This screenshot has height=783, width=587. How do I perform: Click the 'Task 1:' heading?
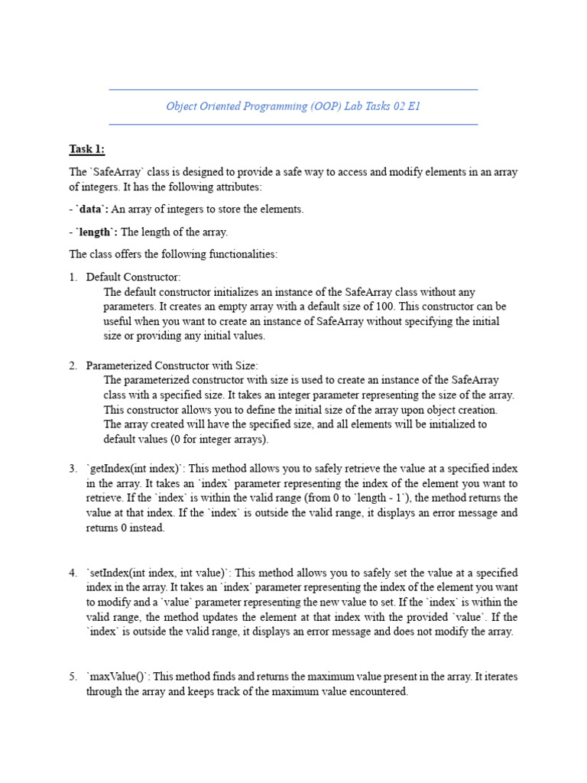pyautogui.click(x=86, y=149)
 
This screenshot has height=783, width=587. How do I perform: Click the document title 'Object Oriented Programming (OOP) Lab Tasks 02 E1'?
pyautogui.click(x=293, y=106)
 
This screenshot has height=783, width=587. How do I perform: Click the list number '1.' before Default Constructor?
pyautogui.click(x=73, y=277)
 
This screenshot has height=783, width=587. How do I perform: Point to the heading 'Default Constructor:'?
pyautogui.click(x=133, y=277)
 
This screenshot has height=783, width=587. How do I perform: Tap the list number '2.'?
pyautogui.click(x=73, y=366)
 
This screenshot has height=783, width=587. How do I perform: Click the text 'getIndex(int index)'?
pyautogui.click(x=134, y=469)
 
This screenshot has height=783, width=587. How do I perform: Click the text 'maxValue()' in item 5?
pyautogui.click(x=115, y=677)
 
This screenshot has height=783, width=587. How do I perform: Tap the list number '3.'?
pyautogui.click(x=73, y=469)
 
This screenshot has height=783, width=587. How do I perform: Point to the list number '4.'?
pyautogui.click(x=73, y=573)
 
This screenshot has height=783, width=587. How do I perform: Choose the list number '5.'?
pyautogui.click(x=73, y=677)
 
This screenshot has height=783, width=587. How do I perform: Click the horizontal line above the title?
pyautogui.click(x=293, y=89)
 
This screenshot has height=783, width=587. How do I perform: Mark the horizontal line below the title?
pyautogui.click(x=293, y=124)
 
